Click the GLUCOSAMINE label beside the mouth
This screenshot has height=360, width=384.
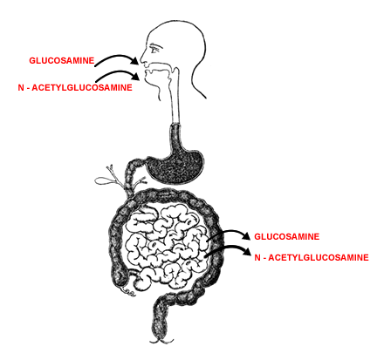62,60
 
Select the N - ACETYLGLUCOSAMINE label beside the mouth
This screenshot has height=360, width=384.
75,87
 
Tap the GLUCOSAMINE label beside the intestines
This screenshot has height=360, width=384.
287,236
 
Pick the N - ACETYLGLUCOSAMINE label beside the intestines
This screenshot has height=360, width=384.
312,257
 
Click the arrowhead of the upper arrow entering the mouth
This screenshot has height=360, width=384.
134,61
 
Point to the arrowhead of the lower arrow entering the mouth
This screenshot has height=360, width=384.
135,77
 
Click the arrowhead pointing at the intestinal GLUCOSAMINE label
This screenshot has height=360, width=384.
246,236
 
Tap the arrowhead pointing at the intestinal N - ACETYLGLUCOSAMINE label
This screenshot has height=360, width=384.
247,251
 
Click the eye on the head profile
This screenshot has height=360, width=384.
155,48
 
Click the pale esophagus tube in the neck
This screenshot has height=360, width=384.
175,96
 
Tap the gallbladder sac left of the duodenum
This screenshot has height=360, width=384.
102,180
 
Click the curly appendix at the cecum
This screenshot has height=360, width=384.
129,293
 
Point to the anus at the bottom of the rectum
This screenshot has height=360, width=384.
161,340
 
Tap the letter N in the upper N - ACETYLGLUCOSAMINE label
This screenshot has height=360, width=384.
21,87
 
